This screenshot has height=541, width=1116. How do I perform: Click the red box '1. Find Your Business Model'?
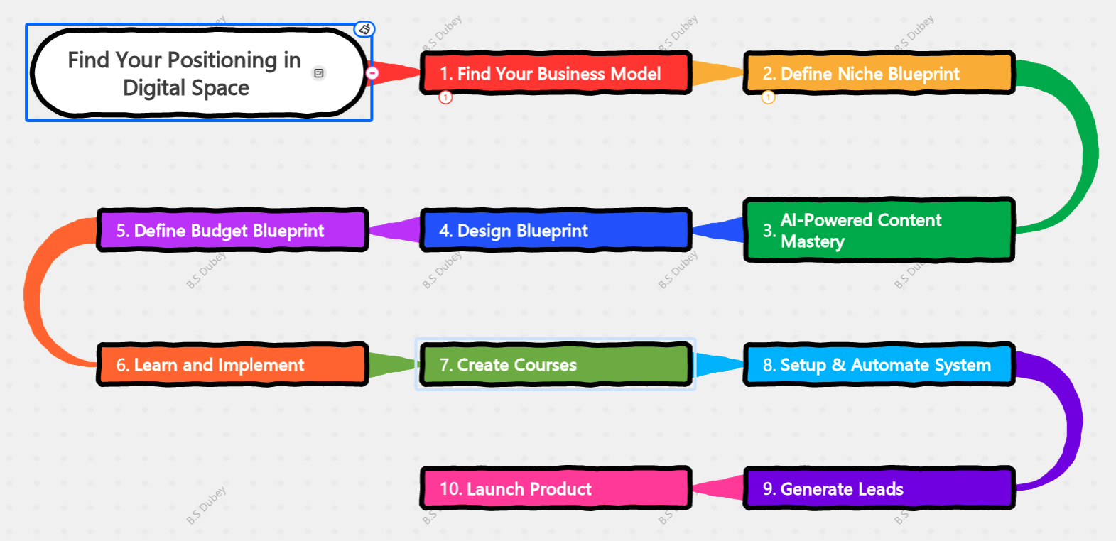pyautogui.click(x=555, y=73)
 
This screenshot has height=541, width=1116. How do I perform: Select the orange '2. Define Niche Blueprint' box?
pyautogui.click(x=878, y=73)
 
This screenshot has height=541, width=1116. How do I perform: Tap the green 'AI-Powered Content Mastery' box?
pyautogui.click(x=878, y=230)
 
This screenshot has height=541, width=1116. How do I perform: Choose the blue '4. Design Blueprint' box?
pyautogui.click(x=555, y=230)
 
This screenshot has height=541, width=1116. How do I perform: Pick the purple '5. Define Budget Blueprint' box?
pyautogui.click(x=232, y=230)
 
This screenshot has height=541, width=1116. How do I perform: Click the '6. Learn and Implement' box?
pyautogui.click(x=232, y=365)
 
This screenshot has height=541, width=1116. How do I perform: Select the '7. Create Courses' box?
pyautogui.click(x=555, y=365)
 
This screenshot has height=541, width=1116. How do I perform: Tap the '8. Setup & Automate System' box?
pyautogui.click(x=878, y=365)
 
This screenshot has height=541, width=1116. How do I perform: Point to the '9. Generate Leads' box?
pyautogui.click(x=878, y=488)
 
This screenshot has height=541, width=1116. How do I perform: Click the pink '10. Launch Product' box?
pyautogui.click(x=555, y=488)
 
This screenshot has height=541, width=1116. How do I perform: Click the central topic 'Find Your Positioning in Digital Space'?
pyautogui.click(x=185, y=73)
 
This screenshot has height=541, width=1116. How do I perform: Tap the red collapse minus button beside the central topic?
pyautogui.click(x=372, y=72)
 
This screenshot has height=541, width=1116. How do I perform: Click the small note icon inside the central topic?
pyautogui.click(x=319, y=73)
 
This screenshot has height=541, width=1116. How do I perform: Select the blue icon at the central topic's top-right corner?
pyautogui.click(x=364, y=29)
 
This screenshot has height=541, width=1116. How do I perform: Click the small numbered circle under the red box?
pyautogui.click(x=445, y=97)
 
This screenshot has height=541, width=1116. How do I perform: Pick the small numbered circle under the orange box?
pyautogui.click(x=768, y=97)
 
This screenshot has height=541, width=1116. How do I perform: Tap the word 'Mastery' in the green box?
pyautogui.click(x=813, y=242)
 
